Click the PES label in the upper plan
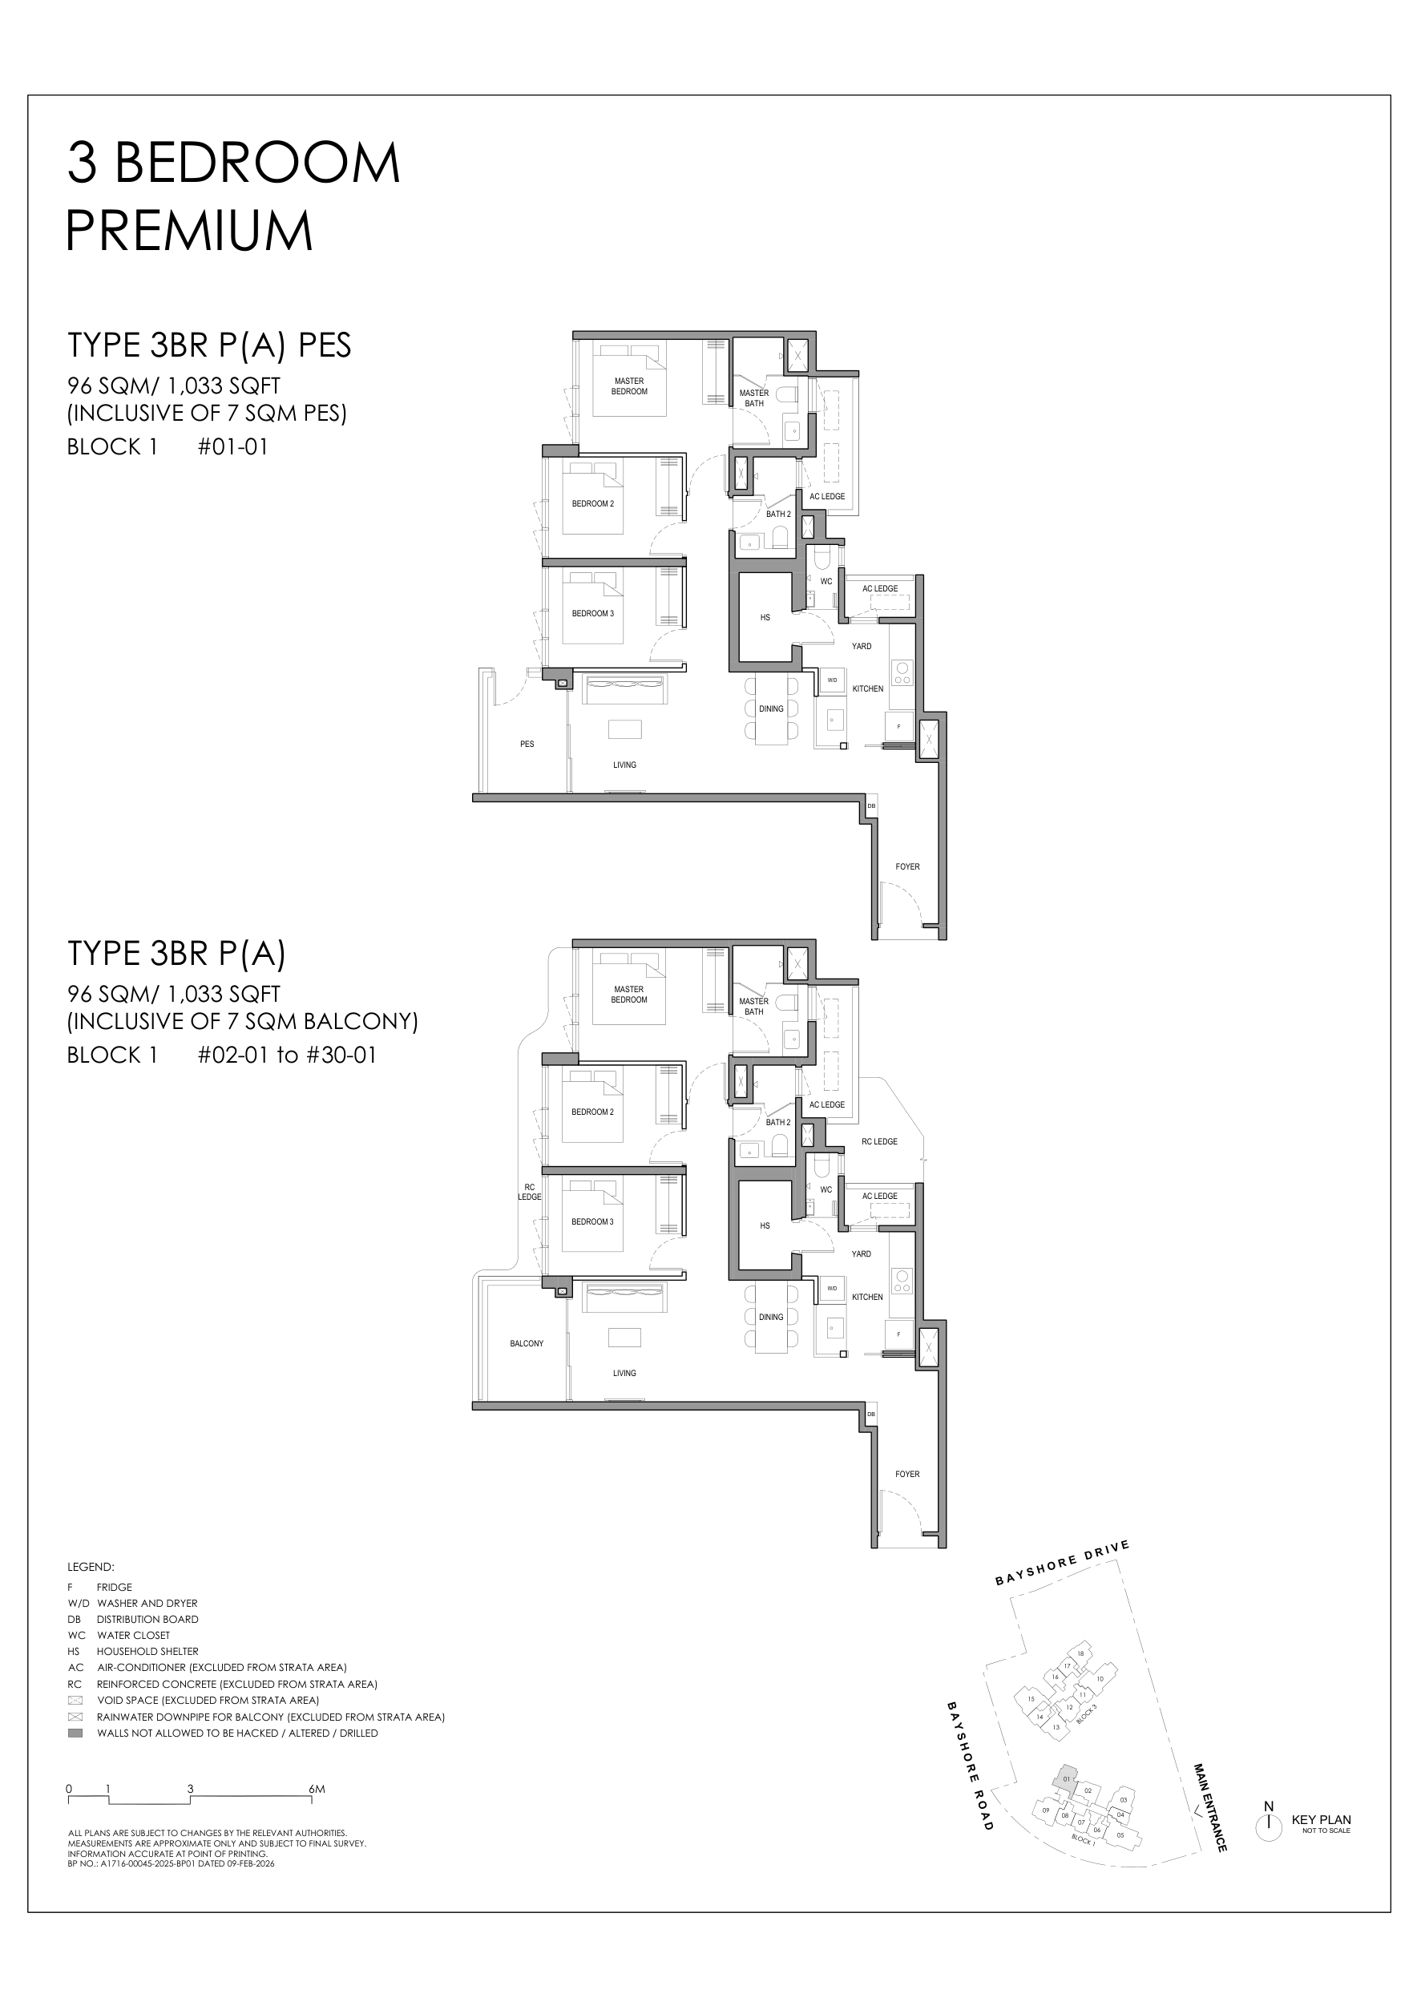(527, 745)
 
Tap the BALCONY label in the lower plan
(527, 1344)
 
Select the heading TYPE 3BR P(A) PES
(209, 345)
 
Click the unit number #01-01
(232, 447)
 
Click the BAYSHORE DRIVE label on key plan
(1062, 1564)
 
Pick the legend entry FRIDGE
(115, 1587)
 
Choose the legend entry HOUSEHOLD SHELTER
(147, 1652)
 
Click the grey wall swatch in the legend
(75, 1733)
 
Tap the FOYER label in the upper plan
(907, 867)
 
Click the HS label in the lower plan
(765, 1226)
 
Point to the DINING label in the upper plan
(771, 708)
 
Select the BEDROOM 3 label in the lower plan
(592, 1222)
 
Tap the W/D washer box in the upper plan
(832, 680)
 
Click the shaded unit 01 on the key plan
(1065, 1778)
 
